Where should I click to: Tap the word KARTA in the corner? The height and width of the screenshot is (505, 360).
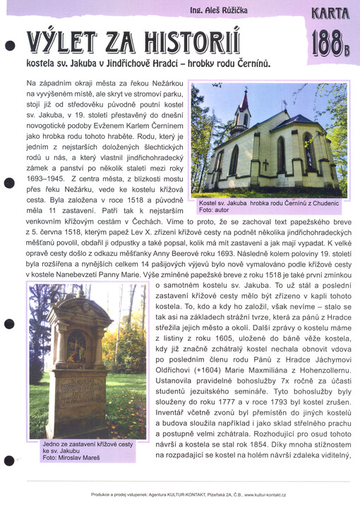coord(330,12)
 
